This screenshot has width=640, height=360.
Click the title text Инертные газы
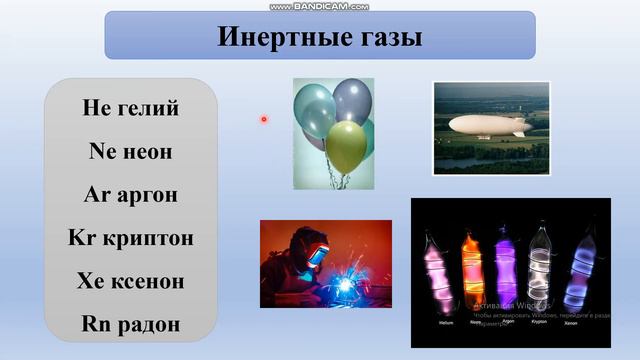tap(319, 37)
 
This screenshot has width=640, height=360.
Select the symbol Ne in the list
tap(104, 151)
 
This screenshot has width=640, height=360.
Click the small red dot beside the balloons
tap(264, 119)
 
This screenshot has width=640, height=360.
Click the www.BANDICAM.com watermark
tap(319, 6)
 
